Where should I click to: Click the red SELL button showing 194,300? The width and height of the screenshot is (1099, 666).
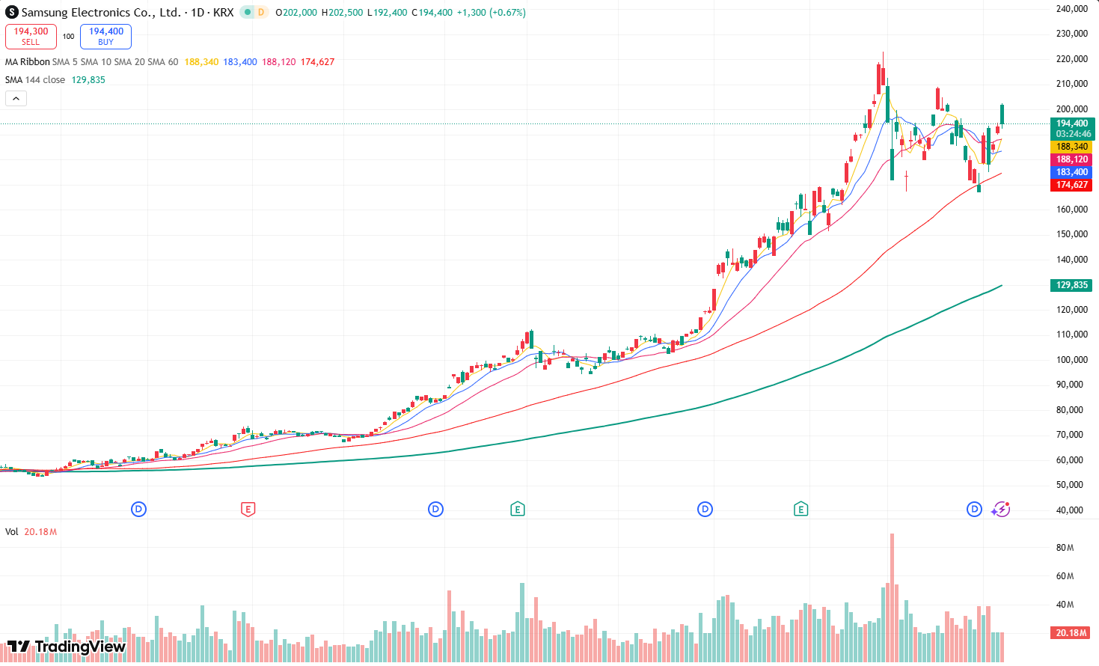pos(31,36)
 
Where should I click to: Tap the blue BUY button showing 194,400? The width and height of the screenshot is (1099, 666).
pos(105,36)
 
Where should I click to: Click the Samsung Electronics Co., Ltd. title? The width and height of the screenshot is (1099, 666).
pos(101,13)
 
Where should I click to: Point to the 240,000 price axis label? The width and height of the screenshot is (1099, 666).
pos(1071,9)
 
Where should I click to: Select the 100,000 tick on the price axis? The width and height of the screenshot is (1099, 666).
pos(1071,360)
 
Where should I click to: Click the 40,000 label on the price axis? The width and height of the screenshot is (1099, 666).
pos(1071,510)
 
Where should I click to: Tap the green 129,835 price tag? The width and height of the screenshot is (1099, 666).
pos(1071,285)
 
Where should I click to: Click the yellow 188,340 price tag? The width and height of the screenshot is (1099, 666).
pos(1071,147)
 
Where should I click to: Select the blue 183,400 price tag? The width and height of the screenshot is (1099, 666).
pos(1071,172)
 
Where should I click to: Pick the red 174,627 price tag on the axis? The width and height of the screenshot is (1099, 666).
pos(1071,185)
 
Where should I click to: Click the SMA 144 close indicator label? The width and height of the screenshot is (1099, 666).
pos(35,80)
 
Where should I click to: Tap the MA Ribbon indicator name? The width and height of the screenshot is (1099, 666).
pos(28,62)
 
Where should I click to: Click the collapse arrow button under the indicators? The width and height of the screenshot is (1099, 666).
pos(16,98)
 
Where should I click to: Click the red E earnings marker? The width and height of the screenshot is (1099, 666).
pos(248,510)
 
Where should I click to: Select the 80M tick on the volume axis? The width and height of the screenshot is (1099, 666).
pos(1065,548)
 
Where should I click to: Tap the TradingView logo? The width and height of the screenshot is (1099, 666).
pos(66,647)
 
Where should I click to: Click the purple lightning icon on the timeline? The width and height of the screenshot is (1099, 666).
pos(1001,510)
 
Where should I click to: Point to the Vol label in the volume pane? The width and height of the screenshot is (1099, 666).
pos(12,532)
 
